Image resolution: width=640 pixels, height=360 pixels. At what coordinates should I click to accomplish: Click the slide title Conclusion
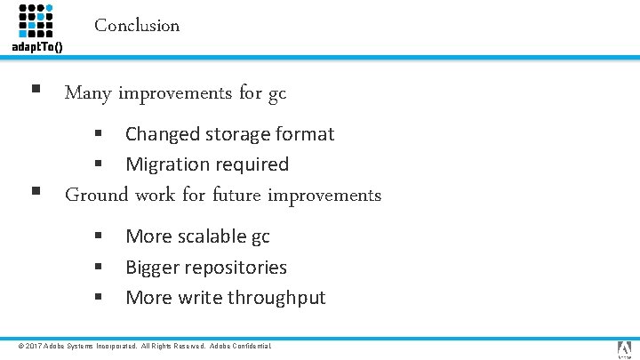(137, 26)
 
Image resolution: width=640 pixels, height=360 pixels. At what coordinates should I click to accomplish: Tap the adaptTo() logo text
(36, 47)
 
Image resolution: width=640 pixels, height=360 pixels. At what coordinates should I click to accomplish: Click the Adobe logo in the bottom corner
(624, 348)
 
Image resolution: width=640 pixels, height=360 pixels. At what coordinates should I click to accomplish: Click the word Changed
(161, 134)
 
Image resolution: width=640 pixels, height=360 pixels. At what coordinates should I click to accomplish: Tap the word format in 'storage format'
(305, 134)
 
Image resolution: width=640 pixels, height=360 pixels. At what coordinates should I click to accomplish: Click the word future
(236, 195)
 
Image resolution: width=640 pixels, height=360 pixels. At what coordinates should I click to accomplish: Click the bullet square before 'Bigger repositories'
(100, 266)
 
